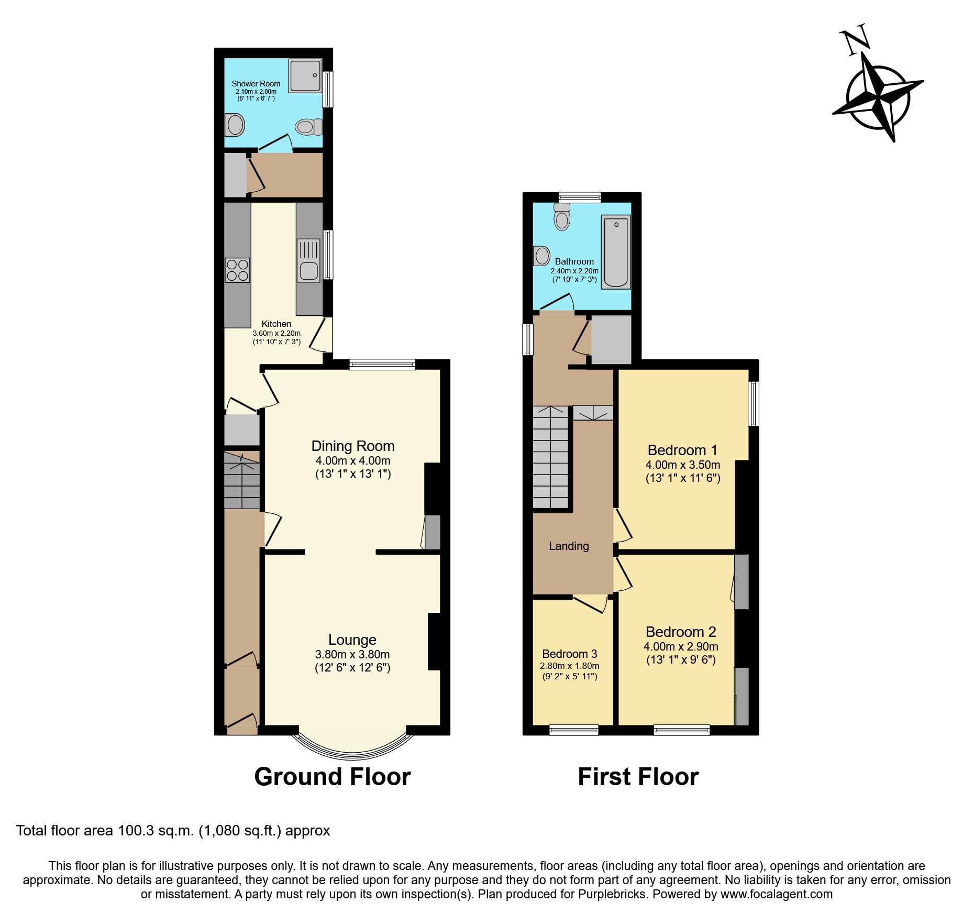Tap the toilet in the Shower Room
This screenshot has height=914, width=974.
(308, 127)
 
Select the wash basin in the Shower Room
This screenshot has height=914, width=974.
(235, 125)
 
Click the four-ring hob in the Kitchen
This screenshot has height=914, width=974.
(237, 270)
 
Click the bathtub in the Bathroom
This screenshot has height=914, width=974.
(616, 251)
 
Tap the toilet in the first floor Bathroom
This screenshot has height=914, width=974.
(562, 217)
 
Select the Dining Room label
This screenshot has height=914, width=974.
(352, 446)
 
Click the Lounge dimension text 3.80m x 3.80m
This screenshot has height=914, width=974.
(352, 655)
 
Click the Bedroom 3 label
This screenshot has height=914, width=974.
(569, 654)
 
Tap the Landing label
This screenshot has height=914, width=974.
(569, 546)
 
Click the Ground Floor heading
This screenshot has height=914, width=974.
(332, 777)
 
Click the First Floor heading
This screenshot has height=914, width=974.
(638, 777)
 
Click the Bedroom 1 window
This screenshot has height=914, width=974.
(754, 403)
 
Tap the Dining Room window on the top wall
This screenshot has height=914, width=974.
(382, 365)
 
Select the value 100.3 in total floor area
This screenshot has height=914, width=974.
(136, 831)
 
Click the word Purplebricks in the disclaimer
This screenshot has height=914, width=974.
(612, 894)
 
